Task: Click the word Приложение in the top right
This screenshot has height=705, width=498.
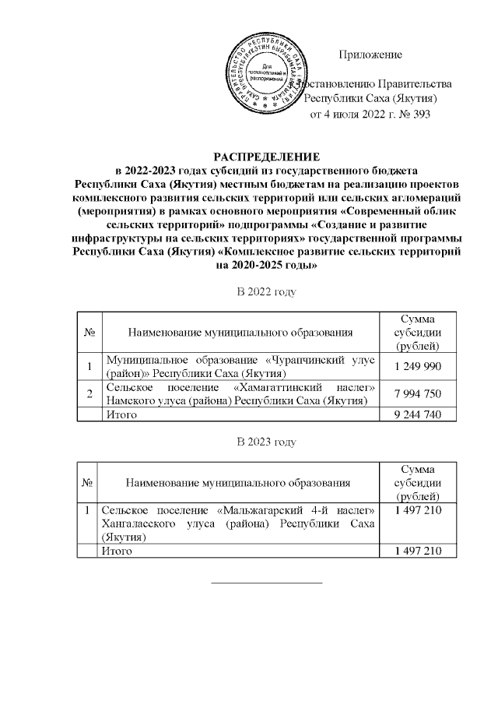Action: [370, 55]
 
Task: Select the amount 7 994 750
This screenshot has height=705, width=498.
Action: [418, 394]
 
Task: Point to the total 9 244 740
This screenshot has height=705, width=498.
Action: [418, 415]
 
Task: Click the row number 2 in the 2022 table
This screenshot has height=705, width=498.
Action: [89, 394]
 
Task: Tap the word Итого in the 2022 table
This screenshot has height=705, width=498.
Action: [121, 415]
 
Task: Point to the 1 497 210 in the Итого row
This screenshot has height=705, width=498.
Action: [418, 551]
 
